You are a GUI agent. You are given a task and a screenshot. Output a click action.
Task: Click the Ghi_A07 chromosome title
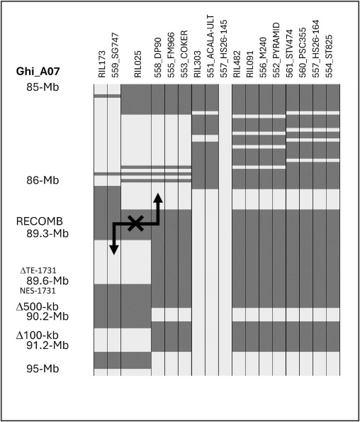[38, 72]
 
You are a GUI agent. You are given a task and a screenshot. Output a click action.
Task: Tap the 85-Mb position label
[43, 87]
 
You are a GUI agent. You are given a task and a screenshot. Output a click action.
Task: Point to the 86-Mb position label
[43, 180]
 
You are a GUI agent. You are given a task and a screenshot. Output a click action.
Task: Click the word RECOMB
[40, 221]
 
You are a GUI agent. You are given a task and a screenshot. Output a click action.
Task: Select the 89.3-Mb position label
[47, 233]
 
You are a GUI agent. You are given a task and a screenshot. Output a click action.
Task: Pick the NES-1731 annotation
[38, 291]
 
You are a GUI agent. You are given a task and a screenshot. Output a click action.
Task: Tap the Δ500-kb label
[38, 306]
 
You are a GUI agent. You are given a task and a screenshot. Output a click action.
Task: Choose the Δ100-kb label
[38, 335]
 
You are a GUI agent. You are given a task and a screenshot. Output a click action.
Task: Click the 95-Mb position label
[43, 368]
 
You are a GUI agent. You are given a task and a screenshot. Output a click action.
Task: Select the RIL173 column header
[102, 64]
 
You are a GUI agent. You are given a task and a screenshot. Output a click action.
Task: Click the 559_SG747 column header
[115, 55]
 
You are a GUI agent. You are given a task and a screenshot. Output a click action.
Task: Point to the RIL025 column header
[137, 64]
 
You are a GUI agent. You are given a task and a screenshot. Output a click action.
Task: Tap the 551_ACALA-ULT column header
[210, 46]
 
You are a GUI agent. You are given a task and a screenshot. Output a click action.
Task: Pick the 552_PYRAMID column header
[276, 50]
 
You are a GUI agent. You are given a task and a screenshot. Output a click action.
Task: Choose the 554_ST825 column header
[329, 56]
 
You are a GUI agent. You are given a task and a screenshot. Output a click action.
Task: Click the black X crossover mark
[135, 223]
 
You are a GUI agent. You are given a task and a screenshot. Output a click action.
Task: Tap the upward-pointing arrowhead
[158, 198]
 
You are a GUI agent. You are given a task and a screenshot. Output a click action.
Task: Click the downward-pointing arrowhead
[114, 250]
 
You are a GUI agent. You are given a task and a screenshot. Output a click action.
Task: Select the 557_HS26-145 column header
[223, 49]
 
